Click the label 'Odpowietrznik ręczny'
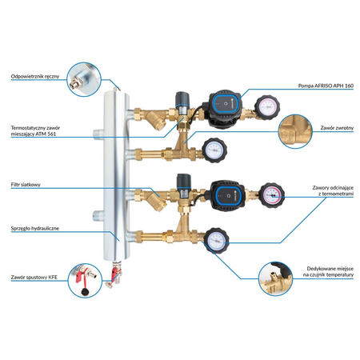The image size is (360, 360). click(35, 77)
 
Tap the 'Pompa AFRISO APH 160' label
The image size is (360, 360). click(326, 86)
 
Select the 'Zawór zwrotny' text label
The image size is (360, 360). click(337, 128)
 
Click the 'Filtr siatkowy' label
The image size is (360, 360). click(26, 185)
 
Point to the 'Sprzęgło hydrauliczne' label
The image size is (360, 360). click(35, 229)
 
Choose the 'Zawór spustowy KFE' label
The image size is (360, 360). click(34, 278)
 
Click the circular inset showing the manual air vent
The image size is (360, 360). click(84, 79)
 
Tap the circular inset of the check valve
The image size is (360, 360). click(295, 131)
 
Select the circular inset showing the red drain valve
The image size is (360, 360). click(85, 281)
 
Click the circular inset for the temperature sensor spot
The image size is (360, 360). click(275, 278)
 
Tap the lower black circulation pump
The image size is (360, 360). click(226, 198)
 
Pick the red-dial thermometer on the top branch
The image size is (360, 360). click(267, 107)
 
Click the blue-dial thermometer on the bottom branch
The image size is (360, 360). click(217, 240)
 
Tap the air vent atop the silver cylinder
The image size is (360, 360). click(115, 87)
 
